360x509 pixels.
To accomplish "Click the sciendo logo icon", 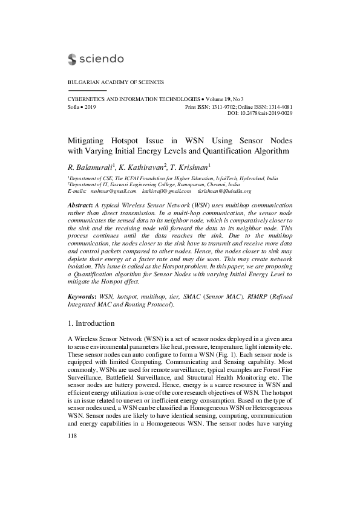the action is click(x=73, y=59).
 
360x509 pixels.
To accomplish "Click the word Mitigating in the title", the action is click(x=88, y=138).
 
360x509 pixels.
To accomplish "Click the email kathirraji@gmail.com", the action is click(x=165, y=191).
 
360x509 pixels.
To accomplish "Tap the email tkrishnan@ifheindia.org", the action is click(x=223, y=191).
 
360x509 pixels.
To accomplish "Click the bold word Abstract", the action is click(x=81, y=206).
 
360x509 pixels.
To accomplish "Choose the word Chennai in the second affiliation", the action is click(x=217, y=185).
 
